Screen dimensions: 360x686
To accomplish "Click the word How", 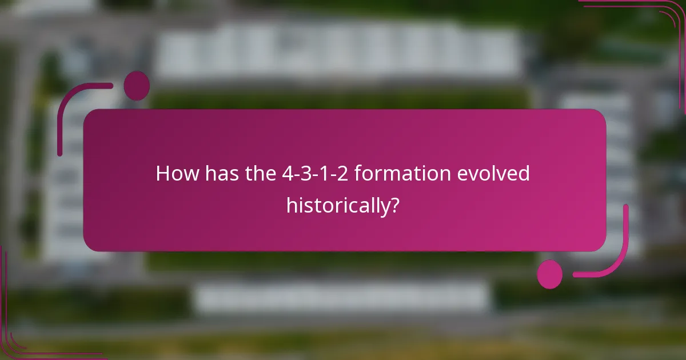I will point(177,173).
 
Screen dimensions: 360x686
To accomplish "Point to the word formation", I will point(403,173).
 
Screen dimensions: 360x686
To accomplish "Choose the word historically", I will point(336,204).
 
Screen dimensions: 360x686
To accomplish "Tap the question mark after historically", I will point(393,204).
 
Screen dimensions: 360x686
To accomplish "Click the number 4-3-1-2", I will point(316,173).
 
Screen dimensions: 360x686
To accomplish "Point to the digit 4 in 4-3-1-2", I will point(286,173).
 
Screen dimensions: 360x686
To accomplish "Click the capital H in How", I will point(162,173).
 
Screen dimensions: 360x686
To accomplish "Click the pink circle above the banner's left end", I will point(136,86).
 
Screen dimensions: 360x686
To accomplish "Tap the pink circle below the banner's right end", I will point(549,274).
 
